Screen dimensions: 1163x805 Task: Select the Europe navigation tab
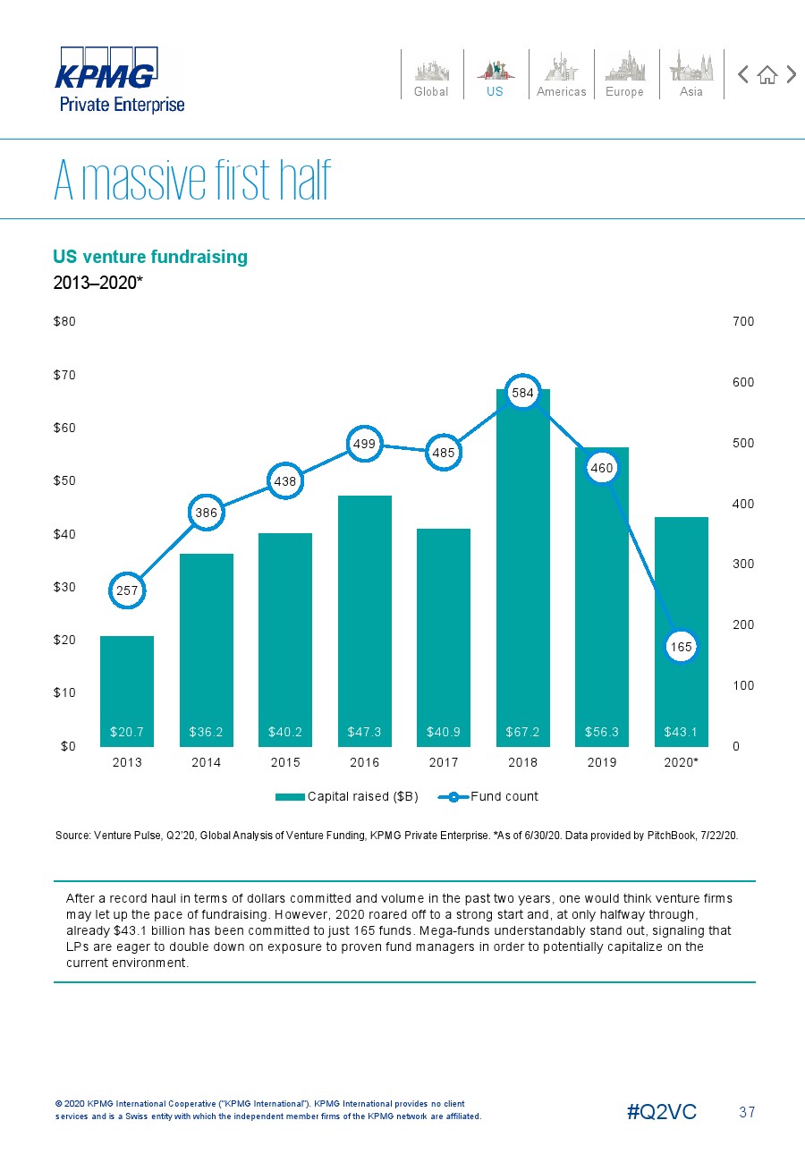coord(624,74)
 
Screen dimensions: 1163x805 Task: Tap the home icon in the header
coord(767,74)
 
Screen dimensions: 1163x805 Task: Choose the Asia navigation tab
coord(691,74)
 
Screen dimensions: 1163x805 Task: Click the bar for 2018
coord(523,573)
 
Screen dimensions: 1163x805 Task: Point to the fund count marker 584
coord(523,392)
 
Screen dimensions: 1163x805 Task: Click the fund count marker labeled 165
coord(682,646)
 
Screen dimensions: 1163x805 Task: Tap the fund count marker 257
coord(127,590)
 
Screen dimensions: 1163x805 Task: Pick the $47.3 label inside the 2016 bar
coord(365,732)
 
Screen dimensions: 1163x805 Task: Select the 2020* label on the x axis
coord(682,763)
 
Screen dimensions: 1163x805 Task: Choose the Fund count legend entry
coord(494,796)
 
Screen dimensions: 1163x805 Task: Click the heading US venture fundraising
coord(150,257)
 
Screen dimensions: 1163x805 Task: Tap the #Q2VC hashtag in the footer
coord(662,1112)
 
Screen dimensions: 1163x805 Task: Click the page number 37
coord(747,1112)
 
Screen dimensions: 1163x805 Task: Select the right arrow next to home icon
coord(791,74)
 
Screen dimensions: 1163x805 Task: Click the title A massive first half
coord(192,183)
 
